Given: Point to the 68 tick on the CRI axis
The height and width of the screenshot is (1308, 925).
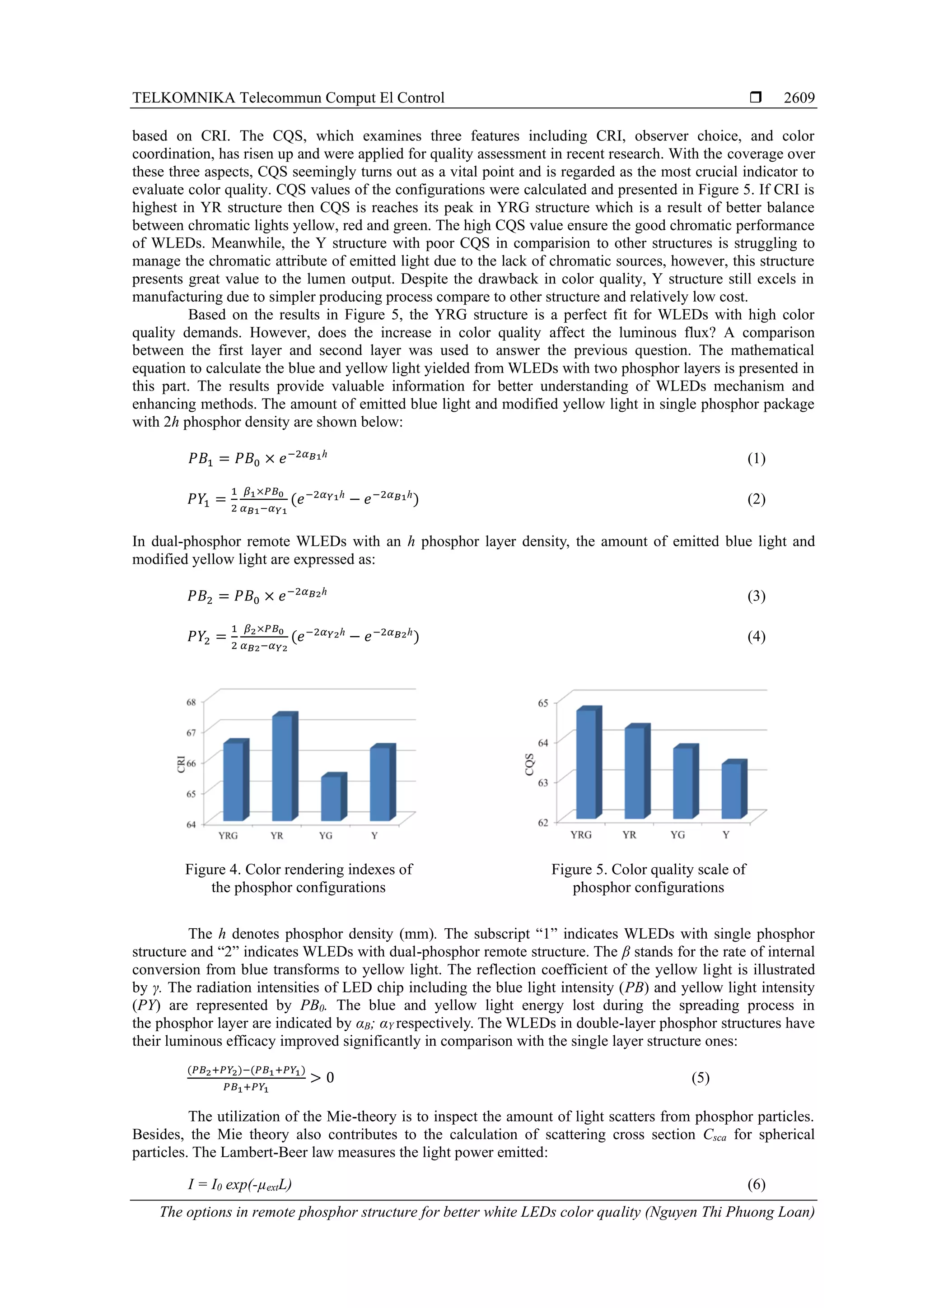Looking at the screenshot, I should click(x=191, y=703).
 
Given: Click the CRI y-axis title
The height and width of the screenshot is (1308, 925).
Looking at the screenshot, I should click(x=181, y=764).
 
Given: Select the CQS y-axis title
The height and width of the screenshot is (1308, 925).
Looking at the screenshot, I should click(x=529, y=764).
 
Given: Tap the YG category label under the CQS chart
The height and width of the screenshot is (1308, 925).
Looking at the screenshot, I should click(x=677, y=834).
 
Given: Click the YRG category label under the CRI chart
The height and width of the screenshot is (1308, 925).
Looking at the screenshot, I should click(x=228, y=835).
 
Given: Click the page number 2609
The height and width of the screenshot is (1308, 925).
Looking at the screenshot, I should click(x=799, y=98).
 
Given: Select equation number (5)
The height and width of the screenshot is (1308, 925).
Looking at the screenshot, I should click(x=701, y=1077).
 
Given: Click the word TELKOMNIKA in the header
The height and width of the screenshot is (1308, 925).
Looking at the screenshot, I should click(x=183, y=98).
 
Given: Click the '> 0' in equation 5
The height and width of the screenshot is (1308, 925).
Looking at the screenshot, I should click(x=322, y=1077).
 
